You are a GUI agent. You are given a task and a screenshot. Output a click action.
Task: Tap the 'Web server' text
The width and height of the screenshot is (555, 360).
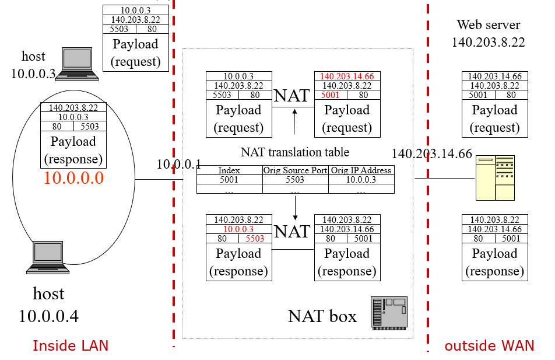(x=488, y=25)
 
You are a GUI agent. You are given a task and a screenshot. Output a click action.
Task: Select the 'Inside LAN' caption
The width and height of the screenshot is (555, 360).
(x=70, y=345)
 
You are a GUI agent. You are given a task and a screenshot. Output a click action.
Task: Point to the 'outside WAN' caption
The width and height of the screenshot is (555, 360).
(x=489, y=345)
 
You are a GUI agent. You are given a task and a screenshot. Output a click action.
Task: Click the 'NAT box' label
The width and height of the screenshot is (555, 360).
(x=322, y=316)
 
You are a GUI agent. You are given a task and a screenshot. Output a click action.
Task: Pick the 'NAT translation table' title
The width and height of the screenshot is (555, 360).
(x=295, y=152)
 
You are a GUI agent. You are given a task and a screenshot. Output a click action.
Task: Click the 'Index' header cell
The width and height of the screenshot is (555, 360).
(x=229, y=170)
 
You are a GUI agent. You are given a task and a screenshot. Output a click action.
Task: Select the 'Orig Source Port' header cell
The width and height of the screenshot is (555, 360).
(x=295, y=170)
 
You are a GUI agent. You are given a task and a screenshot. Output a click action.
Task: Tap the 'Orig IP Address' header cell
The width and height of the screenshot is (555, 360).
(x=361, y=170)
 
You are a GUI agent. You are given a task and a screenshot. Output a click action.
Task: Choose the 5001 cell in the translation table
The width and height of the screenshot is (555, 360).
(x=229, y=180)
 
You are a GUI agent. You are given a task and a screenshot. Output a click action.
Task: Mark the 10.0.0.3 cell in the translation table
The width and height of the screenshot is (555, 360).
(x=361, y=180)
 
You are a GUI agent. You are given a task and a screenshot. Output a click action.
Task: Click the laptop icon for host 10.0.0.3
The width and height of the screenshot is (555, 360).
(x=76, y=64)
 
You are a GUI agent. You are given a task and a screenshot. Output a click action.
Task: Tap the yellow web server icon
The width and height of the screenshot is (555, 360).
(x=495, y=177)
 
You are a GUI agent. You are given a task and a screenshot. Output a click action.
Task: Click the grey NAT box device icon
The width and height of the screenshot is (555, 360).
(x=389, y=312)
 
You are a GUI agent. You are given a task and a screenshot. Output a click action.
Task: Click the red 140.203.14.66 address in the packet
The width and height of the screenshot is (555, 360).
(x=347, y=76)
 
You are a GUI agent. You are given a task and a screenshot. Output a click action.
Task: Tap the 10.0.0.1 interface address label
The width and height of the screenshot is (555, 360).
(x=178, y=164)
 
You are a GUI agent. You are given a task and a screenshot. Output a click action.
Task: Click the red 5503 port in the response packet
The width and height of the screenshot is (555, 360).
(x=255, y=238)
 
